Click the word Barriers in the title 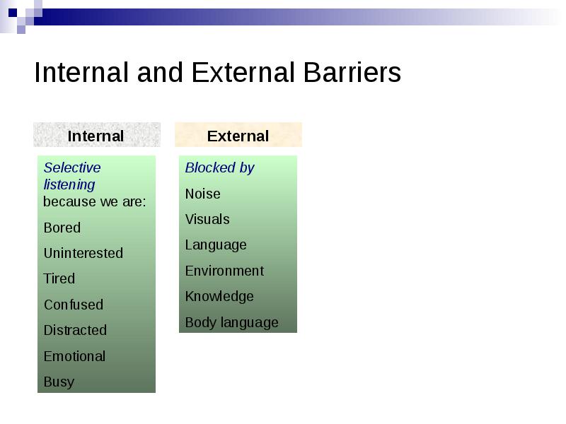(352, 73)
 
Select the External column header (238, 135)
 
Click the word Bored (62, 228)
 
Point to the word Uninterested (83, 253)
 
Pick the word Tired (59, 278)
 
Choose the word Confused (74, 305)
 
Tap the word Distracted (75, 330)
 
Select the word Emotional (74, 356)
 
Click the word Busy (59, 382)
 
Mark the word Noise (203, 194)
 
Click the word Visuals (207, 219)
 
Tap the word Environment (224, 271)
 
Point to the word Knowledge (219, 297)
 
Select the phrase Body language (232, 323)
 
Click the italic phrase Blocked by (220, 168)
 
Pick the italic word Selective (72, 167)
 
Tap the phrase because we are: (95, 201)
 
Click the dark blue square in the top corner (13, 13)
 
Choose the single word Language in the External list (216, 245)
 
